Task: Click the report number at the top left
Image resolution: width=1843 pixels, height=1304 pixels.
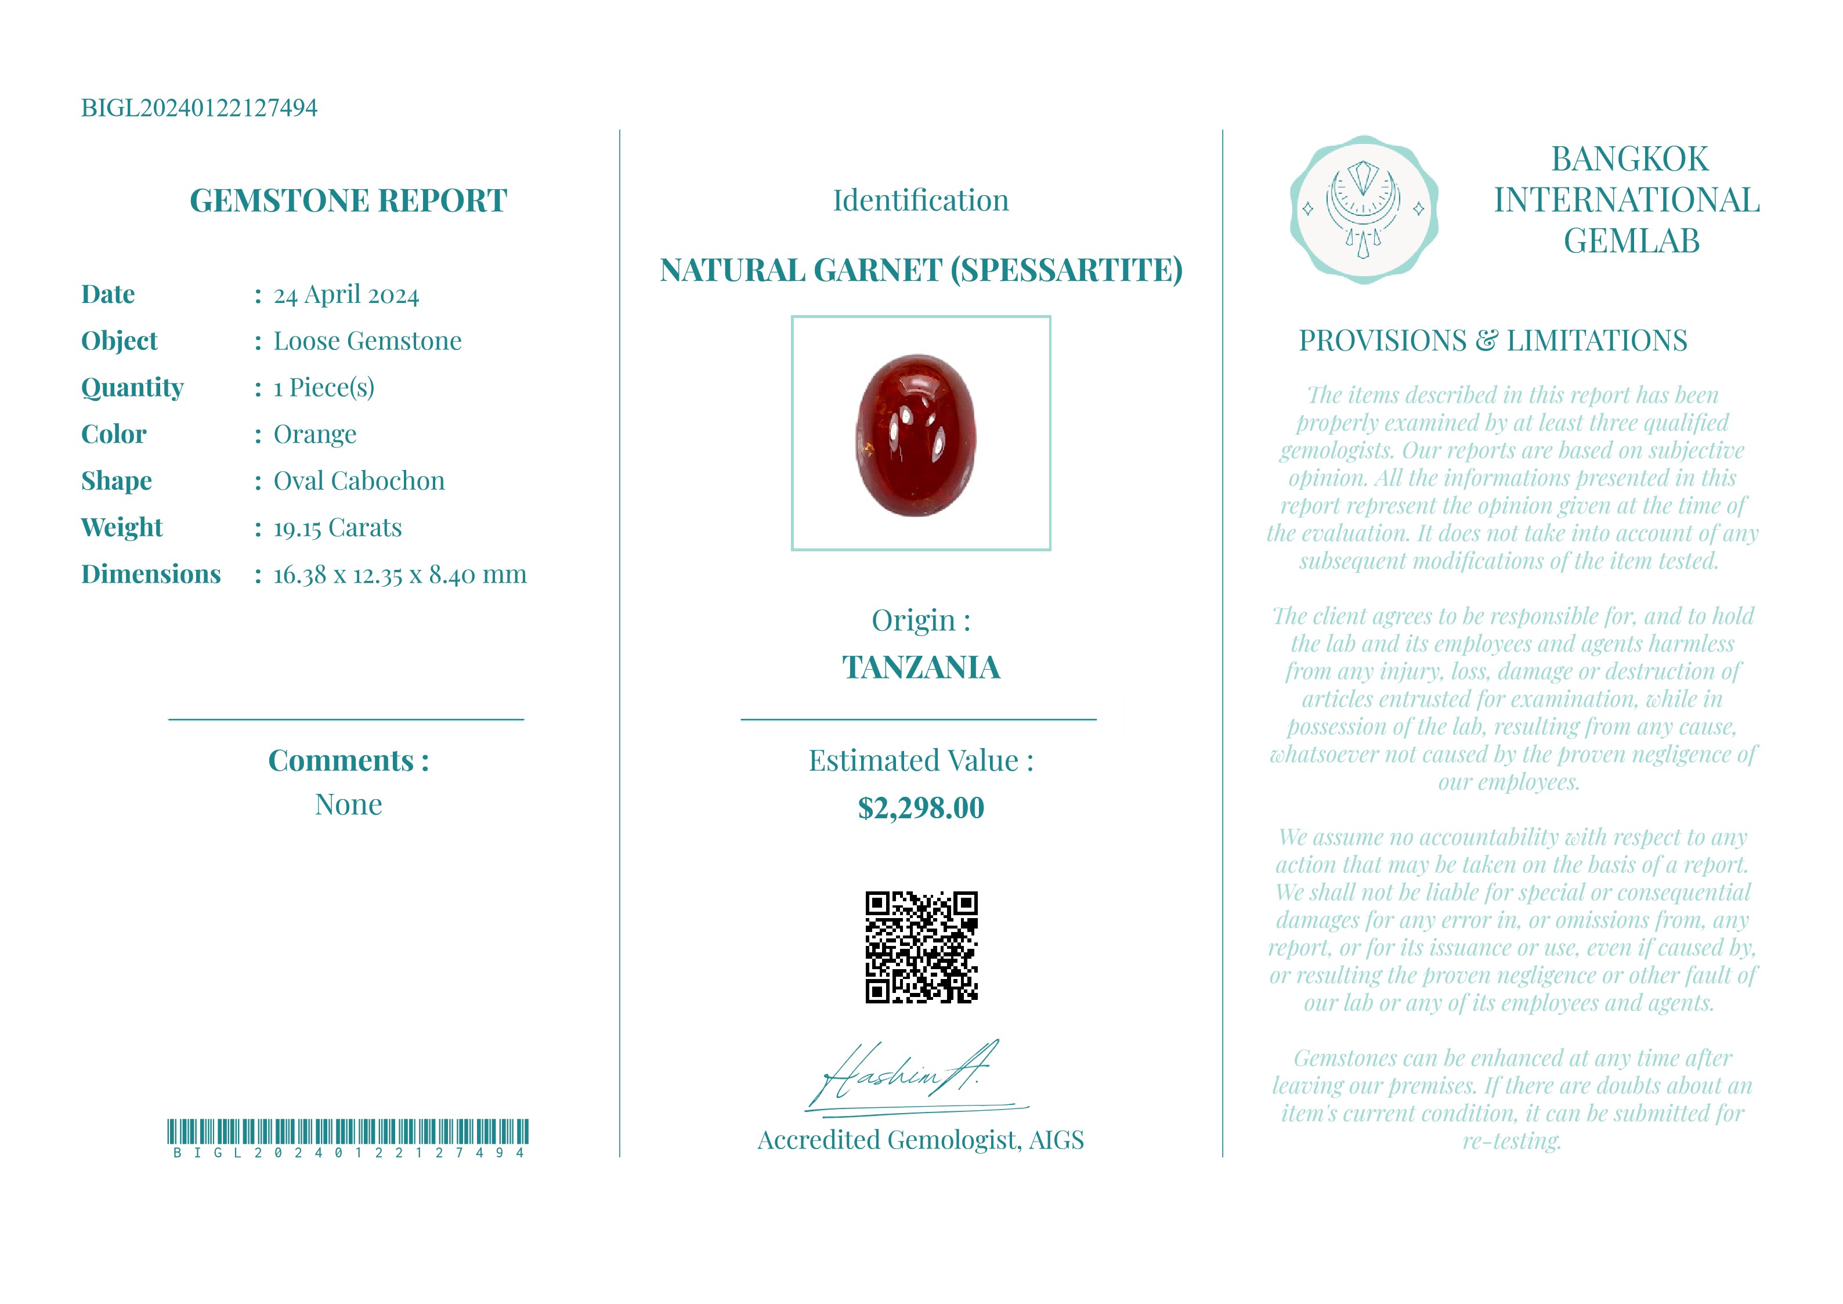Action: point(199,107)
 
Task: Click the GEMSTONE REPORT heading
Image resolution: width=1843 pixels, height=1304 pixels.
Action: point(348,201)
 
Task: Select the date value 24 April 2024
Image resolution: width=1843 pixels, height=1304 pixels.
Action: point(346,295)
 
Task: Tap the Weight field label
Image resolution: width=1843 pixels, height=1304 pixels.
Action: point(121,528)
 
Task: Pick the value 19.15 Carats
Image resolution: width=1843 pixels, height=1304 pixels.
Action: point(337,528)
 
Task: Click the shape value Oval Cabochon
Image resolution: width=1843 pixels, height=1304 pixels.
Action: point(359,481)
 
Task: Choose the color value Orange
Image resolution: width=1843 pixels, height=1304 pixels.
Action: point(315,435)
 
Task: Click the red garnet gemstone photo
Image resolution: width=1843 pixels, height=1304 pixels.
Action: point(917,435)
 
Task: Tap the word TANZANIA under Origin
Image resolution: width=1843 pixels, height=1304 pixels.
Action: point(921,667)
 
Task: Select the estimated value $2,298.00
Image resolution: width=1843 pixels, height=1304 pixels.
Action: point(921,808)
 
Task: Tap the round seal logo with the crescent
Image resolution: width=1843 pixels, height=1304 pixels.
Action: point(1363,209)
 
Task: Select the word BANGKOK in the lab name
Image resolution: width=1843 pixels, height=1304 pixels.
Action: point(1629,159)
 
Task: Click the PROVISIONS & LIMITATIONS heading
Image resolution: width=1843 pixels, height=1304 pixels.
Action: point(1493,341)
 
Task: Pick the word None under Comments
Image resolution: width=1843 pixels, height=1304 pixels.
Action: point(348,804)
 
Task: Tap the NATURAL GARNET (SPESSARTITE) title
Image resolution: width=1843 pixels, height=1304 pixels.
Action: point(921,270)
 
